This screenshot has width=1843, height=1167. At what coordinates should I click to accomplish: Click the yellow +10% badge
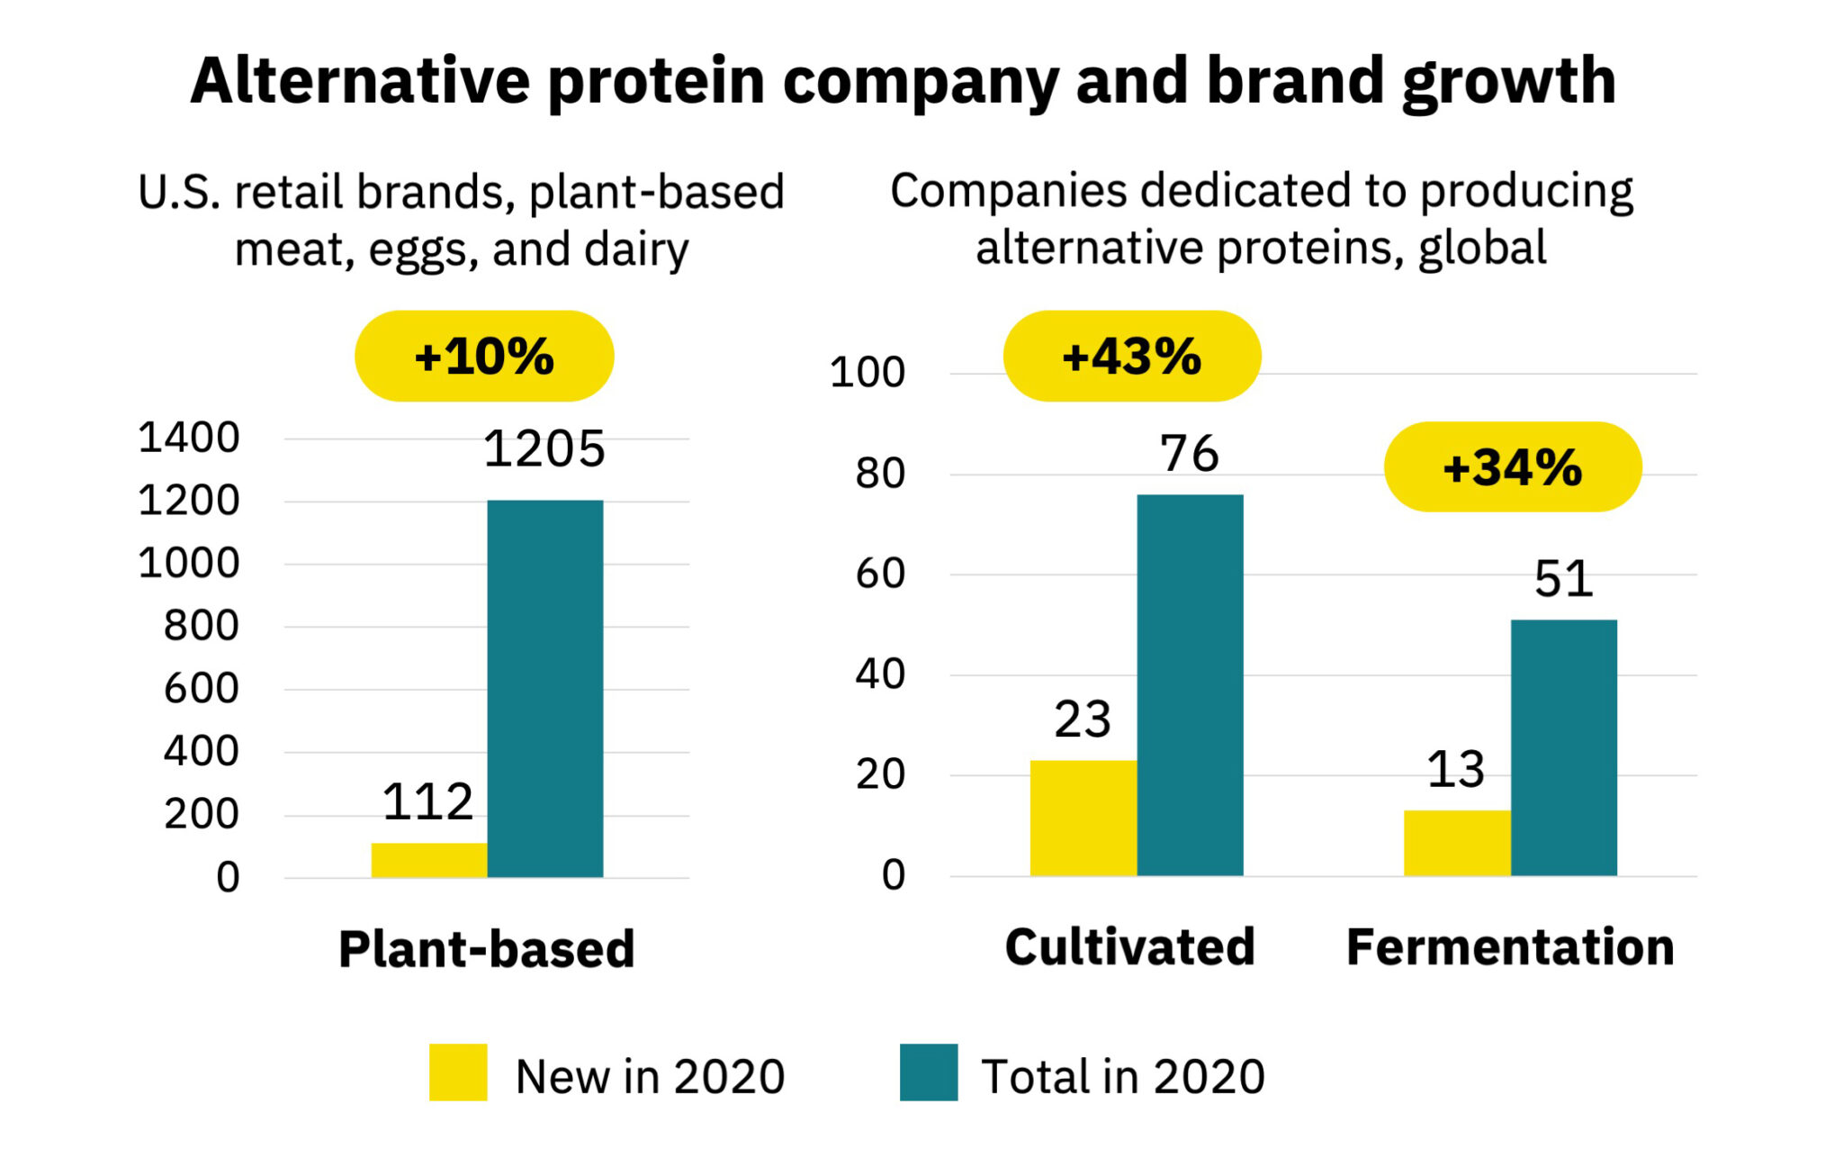(484, 357)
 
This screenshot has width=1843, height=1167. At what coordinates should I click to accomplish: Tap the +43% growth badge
(1132, 357)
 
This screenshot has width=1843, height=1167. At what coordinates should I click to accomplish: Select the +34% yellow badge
(1512, 467)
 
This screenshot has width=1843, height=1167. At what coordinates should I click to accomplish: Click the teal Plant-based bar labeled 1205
(545, 689)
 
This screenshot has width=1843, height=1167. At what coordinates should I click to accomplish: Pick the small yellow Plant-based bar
(428, 860)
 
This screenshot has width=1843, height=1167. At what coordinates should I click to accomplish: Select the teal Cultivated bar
(1190, 684)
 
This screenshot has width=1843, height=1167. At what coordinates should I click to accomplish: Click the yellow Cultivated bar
(1083, 818)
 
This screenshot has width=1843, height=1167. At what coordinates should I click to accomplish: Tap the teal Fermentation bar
(1563, 747)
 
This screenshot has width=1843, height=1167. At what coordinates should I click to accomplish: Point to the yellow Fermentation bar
(1456, 843)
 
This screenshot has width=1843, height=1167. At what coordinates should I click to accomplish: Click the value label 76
(1189, 453)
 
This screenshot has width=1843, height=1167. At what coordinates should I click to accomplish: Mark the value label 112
(427, 801)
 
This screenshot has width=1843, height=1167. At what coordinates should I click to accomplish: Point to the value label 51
(1563, 579)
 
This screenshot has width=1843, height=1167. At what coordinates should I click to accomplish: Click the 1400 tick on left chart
(189, 439)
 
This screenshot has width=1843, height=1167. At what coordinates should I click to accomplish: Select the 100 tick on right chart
(867, 373)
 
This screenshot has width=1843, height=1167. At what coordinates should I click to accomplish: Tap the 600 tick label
(201, 689)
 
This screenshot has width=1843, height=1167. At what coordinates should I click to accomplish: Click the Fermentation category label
(1510, 947)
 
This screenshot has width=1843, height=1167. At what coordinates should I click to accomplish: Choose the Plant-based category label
(486, 949)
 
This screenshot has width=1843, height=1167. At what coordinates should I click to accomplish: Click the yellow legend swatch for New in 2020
(458, 1072)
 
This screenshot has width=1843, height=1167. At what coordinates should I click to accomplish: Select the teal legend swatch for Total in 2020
(929, 1072)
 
